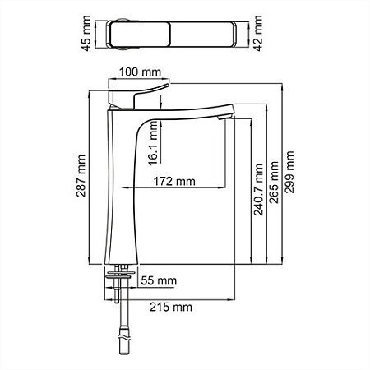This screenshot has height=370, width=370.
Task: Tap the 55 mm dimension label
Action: tap(160, 281)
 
